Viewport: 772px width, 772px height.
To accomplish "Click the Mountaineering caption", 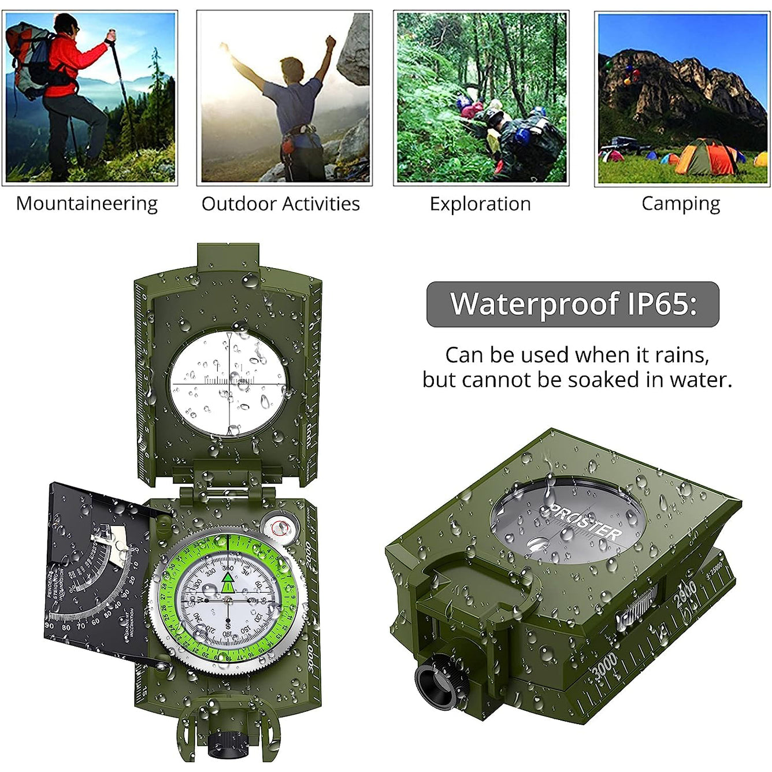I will pyautogui.click(x=87, y=204).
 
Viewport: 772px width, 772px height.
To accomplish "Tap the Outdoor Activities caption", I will pyautogui.click(x=280, y=204).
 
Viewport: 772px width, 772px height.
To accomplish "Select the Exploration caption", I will pyautogui.click(x=480, y=204).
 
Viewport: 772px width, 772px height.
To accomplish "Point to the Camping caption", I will pyautogui.click(x=681, y=204).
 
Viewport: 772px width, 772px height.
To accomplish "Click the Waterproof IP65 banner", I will pyautogui.click(x=573, y=304).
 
